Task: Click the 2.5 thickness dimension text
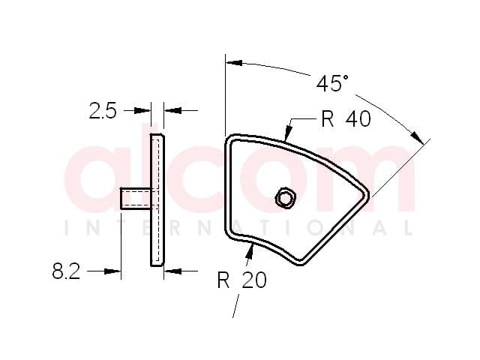point(103,111)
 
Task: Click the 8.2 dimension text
point(66,271)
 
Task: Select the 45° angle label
point(332,83)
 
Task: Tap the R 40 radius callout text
point(346,119)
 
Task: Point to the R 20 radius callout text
point(241,280)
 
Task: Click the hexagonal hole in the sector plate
point(285,199)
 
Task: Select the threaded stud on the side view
point(136,199)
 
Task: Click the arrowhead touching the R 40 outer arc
point(288,133)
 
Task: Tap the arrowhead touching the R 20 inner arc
point(250,253)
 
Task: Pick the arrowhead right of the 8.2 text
point(112,271)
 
